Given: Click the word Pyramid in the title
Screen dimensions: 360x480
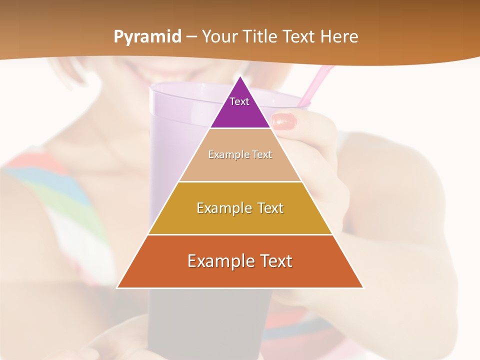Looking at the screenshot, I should pyautogui.click(x=147, y=37).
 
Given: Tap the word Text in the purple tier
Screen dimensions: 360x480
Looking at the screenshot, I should pyautogui.click(x=239, y=101).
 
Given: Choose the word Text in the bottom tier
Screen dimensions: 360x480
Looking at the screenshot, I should pyautogui.click(x=273, y=261).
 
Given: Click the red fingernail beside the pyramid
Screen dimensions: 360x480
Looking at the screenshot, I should pyautogui.click(x=284, y=121).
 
